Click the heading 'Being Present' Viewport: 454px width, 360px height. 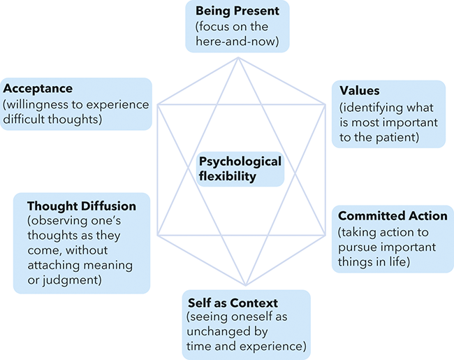(x=237, y=11)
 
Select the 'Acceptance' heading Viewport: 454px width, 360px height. (x=38, y=88)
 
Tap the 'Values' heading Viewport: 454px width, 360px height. (x=359, y=90)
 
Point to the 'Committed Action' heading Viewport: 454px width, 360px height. (x=393, y=216)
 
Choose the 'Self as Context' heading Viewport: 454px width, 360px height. (x=233, y=303)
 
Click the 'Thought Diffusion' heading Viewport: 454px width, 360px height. (x=82, y=206)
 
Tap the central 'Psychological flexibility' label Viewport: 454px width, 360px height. (x=240, y=168)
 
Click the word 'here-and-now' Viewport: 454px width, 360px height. (x=237, y=41)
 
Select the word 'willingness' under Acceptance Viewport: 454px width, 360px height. (x=39, y=105)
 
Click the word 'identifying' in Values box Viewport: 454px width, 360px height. (x=372, y=108)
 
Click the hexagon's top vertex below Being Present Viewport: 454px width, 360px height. (x=238, y=57)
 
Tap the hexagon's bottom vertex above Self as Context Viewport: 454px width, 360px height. (x=246, y=285)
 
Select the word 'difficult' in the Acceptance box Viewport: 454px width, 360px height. (x=24, y=119)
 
